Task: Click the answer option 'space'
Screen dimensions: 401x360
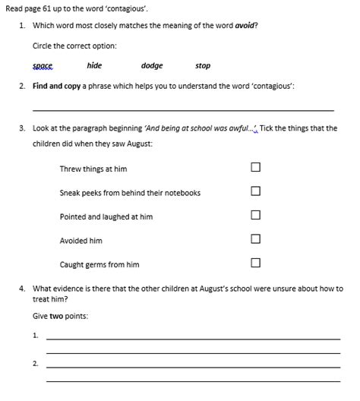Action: tap(43, 66)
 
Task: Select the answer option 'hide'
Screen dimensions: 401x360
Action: tap(94, 66)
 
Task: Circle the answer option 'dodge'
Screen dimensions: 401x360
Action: tap(152, 66)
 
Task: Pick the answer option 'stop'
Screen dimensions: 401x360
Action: tap(203, 66)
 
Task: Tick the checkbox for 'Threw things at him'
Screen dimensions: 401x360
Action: tap(256, 168)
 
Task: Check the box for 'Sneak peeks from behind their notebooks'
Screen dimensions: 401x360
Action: tap(256, 191)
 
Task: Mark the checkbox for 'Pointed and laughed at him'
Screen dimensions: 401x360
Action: tap(256, 216)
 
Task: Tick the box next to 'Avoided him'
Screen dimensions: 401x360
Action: tap(256, 239)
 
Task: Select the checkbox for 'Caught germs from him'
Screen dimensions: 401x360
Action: tap(256, 264)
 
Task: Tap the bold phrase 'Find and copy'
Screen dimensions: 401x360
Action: tap(57, 87)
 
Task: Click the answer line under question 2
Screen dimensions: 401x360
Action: tap(182, 110)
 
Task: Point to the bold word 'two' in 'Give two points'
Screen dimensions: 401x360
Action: tap(56, 315)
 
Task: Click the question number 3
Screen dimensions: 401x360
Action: tap(23, 128)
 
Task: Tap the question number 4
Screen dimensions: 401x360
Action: tap(23, 289)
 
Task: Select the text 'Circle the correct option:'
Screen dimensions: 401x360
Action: tap(74, 46)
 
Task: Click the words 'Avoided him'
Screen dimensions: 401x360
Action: tap(81, 241)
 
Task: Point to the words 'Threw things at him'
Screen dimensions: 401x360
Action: tap(93, 169)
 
